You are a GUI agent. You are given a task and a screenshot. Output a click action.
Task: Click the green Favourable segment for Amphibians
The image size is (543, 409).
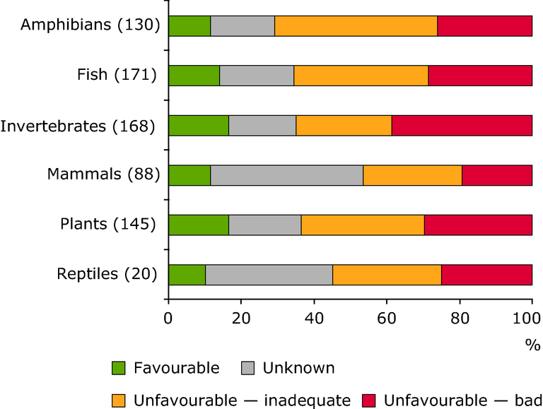[x=189, y=25]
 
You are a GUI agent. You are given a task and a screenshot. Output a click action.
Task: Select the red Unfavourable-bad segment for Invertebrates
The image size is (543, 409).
[x=462, y=125]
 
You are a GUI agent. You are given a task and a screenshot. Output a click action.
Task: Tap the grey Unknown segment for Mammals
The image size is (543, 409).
[x=286, y=175]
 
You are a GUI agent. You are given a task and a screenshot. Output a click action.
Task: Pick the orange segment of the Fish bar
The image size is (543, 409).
[x=361, y=76]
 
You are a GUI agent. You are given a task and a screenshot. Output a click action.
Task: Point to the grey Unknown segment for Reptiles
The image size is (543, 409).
[x=269, y=275]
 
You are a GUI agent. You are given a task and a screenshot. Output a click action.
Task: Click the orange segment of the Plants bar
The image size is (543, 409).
[x=363, y=225]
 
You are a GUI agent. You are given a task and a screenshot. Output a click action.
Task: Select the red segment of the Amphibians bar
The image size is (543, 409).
[x=484, y=25]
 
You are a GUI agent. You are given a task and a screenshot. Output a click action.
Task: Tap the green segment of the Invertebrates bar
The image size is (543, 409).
[x=199, y=125]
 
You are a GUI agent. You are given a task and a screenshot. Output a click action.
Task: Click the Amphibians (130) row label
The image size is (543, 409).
[x=90, y=25]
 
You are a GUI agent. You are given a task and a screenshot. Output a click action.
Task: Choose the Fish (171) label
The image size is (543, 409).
[x=116, y=75]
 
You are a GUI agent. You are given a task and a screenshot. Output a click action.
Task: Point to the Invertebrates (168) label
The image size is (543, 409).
[x=78, y=126]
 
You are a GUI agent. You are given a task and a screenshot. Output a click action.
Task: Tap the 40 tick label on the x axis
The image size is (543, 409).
[x=313, y=319]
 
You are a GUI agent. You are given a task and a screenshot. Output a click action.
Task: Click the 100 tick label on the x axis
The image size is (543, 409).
[x=531, y=319]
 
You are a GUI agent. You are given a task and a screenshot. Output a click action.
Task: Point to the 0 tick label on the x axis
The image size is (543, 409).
[x=168, y=319]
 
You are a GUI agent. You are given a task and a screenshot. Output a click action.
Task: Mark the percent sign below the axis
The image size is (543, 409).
[x=532, y=345]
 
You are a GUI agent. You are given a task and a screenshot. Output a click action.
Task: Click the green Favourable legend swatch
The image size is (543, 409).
[x=119, y=368]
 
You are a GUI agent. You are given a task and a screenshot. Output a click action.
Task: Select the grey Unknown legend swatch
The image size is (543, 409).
[x=248, y=368]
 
